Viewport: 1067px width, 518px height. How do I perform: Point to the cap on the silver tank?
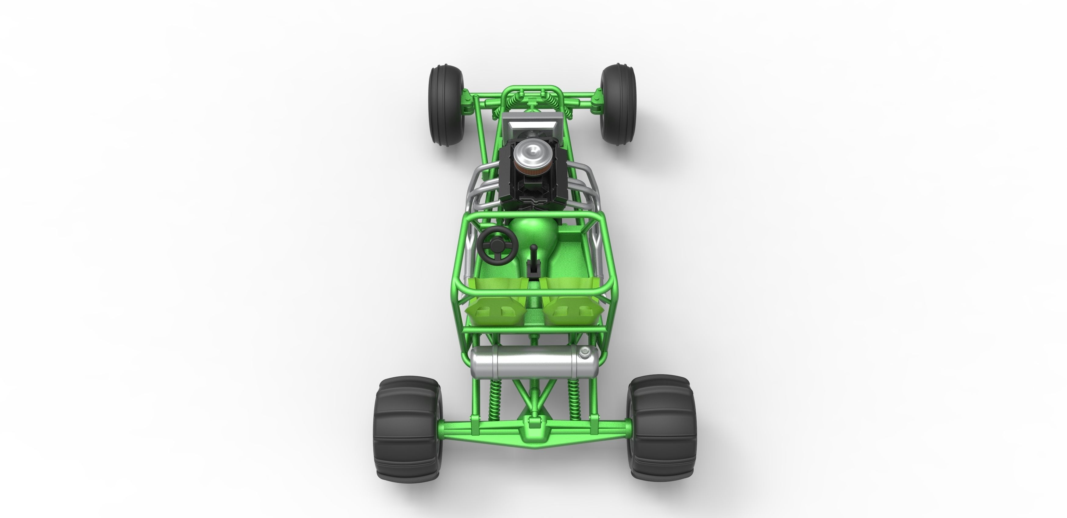[x=584, y=352]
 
